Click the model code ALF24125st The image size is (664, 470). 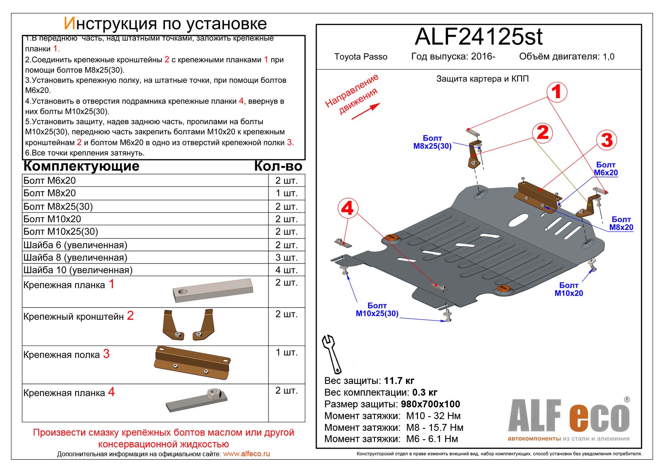click(478, 37)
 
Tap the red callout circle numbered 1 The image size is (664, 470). click(556, 92)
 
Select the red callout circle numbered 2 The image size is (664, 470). click(543, 132)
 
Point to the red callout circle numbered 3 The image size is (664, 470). click(607, 140)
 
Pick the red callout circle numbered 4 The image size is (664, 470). click(347, 209)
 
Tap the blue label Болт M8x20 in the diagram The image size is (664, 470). click(621, 223)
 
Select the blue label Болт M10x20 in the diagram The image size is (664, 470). click(569, 289)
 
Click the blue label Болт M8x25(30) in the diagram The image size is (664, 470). click(432, 142)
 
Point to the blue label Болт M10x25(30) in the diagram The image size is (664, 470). click(377, 310)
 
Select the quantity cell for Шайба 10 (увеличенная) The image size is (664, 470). click(286, 270)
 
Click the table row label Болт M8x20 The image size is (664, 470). click(50, 193)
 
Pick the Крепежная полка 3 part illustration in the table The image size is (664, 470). click(192, 362)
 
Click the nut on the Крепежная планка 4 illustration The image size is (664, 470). click(212, 394)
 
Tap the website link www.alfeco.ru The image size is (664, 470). click(246, 454)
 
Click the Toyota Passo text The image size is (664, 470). click(361, 57)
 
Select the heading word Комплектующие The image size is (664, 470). click(82, 166)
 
